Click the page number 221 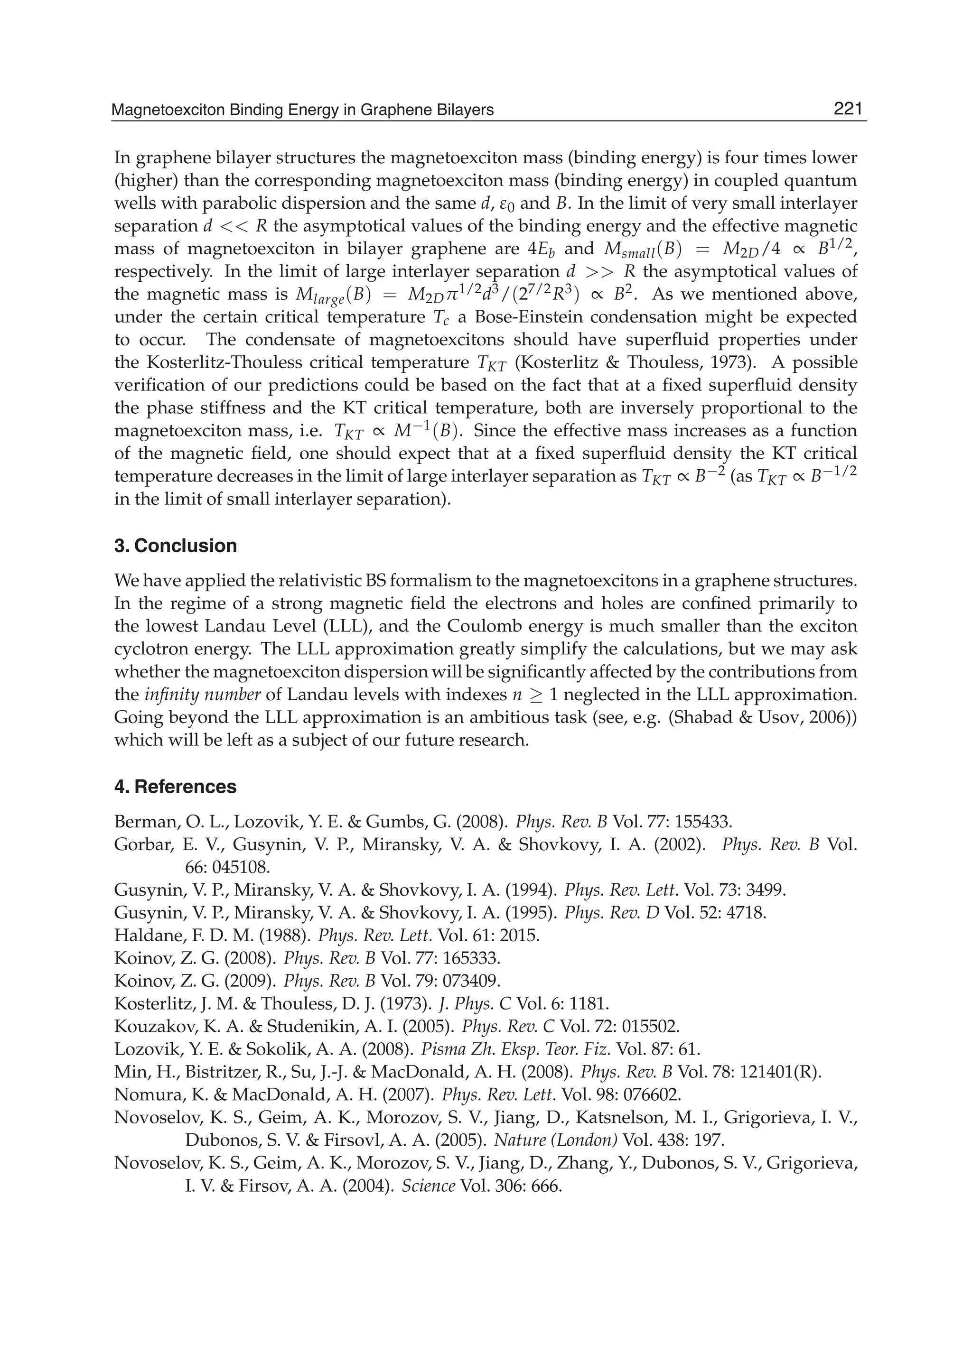pos(848,109)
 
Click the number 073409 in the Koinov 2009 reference pos(468,981)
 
